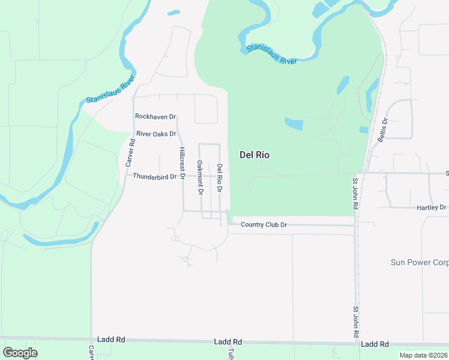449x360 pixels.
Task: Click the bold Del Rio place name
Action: pyautogui.click(x=255, y=155)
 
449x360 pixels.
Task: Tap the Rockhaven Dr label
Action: pyautogui.click(x=155, y=116)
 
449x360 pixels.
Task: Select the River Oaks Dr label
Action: pyautogui.click(x=156, y=134)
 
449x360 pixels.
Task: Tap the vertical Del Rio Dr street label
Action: pyautogui.click(x=220, y=178)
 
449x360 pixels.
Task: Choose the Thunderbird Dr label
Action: pyautogui.click(x=155, y=176)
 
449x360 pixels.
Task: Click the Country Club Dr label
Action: pyautogui.click(x=264, y=225)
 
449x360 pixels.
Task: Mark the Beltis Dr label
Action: pyautogui.click(x=384, y=129)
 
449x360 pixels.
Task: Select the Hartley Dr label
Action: pyautogui.click(x=432, y=208)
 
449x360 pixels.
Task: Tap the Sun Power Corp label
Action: pyautogui.click(x=420, y=263)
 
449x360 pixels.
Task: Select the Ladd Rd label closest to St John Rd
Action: pyautogui.click(x=375, y=344)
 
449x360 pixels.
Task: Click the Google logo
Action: pyautogui.click(x=20, y=353)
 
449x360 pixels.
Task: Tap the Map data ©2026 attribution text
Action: pyautogui.click(x=423, y=355)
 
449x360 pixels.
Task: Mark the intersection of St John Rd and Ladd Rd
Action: pyautogui.click(x=356, y=344)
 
